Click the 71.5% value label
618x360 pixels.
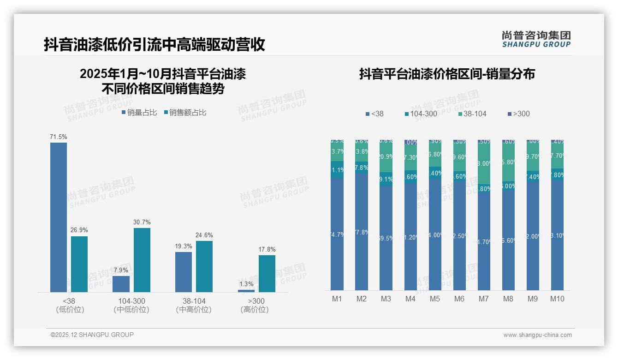pyautogui.click(x=59, y=137)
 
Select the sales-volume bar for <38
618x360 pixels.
pyautogui.click(x=59, y=217)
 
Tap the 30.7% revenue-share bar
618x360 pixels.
pyautogui.click(x=142, y=260)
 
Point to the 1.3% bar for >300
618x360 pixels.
pyautogui.click(x=246, y=291)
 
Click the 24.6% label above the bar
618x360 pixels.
pyautogui.click(x=204, y=235)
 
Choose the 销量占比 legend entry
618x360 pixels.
pyautogui.click(x=139, y=112)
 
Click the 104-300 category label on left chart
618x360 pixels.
pyautogui.click(x=131, y=301)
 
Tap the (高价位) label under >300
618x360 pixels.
pyautogui.click(x=254, y=310)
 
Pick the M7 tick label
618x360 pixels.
pyautogui.click(x=484, y=299)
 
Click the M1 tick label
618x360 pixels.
pyautogui.click(x=337, y=299)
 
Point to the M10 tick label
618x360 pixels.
pyautogui.click(x=557, y=299)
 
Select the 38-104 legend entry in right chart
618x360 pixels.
pyautogui.click(x=472, y=114)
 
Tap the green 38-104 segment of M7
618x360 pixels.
pyautogui.click(x=484, y=164)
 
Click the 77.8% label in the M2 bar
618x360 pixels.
pyautogui.click(x=362, y=232)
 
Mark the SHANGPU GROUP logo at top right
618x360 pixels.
pyautogui.click(x=536, y=39)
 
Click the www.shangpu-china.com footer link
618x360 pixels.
pyautogui.click(x=537, y=335)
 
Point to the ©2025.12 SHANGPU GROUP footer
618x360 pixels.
pyautogui.click(x=92, y=335)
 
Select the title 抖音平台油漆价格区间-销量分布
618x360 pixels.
pyautogui.click(x=447, y=74)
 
